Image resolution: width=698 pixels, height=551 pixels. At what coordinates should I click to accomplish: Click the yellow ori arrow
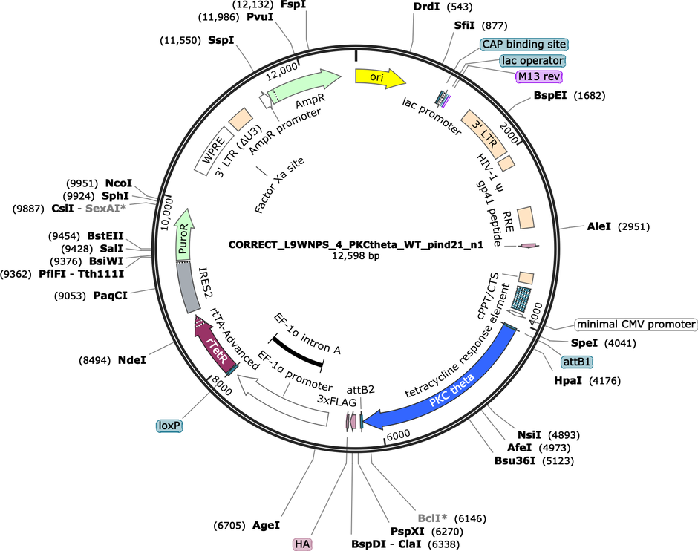click(379, 77)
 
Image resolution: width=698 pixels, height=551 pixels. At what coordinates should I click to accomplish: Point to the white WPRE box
click(214, 151)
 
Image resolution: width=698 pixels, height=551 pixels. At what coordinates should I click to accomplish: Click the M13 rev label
click(538, 76)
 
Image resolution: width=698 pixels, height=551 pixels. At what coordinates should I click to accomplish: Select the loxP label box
click(169, 426)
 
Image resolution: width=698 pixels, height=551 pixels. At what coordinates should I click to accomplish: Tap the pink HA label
click(302, 544)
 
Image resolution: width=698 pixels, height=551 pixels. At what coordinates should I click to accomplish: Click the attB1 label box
click(576, 362)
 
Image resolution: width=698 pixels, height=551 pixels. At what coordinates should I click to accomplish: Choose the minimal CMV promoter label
click(636, 325)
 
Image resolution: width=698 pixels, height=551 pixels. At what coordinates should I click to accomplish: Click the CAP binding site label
click(524, 44)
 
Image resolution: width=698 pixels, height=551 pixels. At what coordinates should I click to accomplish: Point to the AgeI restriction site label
click(266, 525)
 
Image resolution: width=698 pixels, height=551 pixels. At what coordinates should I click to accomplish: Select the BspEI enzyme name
click(550, 95)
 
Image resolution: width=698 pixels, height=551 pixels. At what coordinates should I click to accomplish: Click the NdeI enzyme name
click(131, 360)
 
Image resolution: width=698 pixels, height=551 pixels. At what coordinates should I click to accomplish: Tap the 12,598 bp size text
click(356, 256)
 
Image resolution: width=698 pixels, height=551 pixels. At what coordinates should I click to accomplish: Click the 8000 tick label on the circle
click(222, 385)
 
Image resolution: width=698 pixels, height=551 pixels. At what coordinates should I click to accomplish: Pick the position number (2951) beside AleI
click(634, 227)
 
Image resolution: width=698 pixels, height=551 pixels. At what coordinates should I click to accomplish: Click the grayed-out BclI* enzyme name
click(432, 518)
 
